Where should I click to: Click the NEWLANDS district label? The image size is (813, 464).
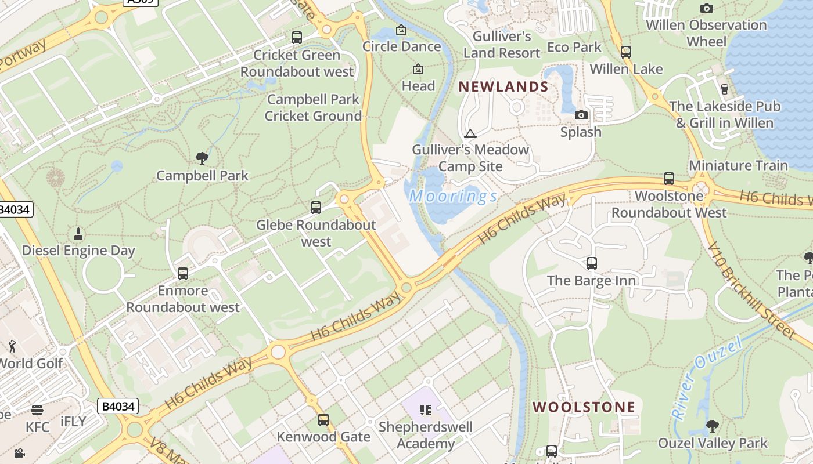pos(503,87)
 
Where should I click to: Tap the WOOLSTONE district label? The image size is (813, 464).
pos(584,407)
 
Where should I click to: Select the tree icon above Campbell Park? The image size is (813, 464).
pos(202,158)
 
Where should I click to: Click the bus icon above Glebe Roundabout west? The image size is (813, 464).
pos(316,207)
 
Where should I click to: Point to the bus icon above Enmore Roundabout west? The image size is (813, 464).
pos(183,273)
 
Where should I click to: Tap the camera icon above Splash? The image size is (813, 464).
pos(581,115)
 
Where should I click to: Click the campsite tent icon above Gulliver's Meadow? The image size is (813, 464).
pos(470,133)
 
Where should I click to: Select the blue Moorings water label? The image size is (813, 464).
pos(453,196)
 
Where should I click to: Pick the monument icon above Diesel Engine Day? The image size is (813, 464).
pos(78,233)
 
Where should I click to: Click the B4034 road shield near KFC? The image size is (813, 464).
pos(118,406)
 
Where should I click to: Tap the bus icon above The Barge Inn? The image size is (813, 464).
pos(592,263)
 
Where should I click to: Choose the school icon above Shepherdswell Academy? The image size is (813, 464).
pos(426,410)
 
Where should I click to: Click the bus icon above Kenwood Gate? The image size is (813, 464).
pos(323,419)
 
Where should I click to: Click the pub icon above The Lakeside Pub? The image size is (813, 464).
pos(724,89)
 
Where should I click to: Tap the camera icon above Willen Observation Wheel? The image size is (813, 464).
pos(706,8)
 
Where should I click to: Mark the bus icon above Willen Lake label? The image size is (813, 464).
pos(625,52)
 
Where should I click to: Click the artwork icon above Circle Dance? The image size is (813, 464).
pos(401,30)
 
